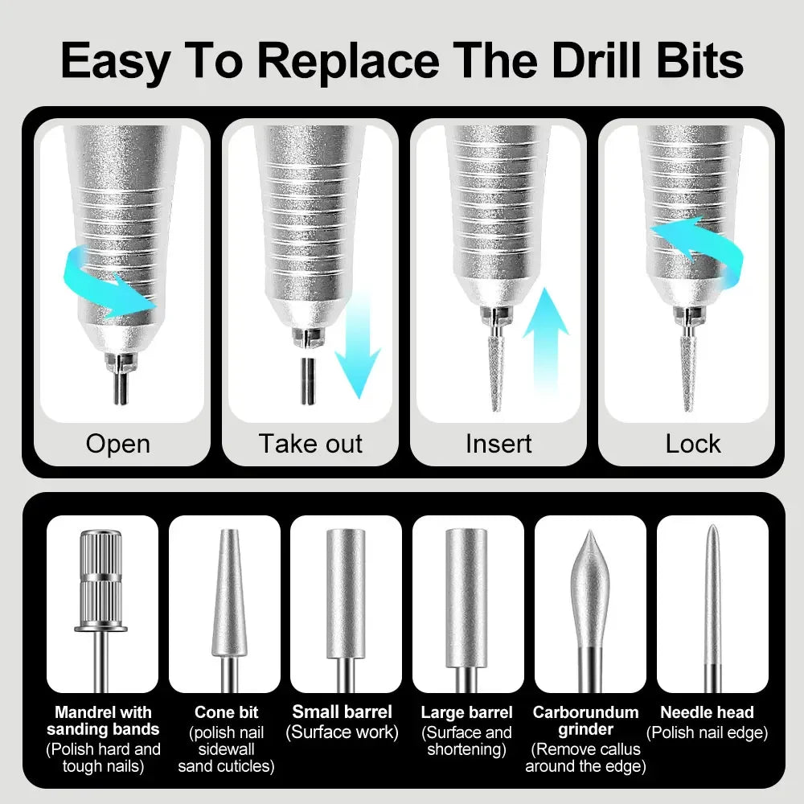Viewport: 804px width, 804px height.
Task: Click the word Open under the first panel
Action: point(117,444)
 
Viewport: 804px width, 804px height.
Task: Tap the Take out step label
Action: point(310,444)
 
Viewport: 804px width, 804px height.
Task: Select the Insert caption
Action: point(498,444)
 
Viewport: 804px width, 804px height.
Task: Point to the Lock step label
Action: point(693,444)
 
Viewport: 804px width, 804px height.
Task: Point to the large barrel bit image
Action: point(467,595)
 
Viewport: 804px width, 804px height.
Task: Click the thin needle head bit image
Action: point(712,595)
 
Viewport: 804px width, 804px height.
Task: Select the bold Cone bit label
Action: point(226,712)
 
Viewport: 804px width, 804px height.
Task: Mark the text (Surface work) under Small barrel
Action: point(342,732)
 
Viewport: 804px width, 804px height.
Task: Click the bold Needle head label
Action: point(707,712)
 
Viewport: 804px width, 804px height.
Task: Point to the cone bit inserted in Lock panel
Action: point(688,374)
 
